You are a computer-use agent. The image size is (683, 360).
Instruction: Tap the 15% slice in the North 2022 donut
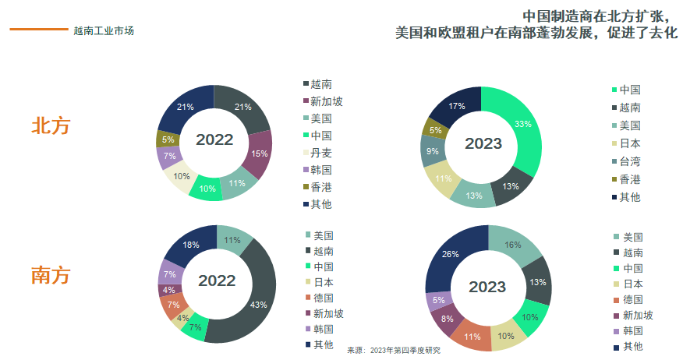pos(259,154)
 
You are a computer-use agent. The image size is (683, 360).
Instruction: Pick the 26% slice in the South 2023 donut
pos(450,255)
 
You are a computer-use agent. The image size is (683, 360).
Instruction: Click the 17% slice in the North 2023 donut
pos(457,107)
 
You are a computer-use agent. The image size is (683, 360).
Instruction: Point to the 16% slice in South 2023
pos(513,245)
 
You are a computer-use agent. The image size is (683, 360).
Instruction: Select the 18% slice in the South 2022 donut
pos(190,245)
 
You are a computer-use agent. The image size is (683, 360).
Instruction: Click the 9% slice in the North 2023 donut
pos(432,151)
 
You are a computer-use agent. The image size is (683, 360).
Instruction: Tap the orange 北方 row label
pos(51,126)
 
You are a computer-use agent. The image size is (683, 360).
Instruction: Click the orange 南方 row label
pos(51,275)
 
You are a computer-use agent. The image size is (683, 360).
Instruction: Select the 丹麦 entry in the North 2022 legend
pos(321,153)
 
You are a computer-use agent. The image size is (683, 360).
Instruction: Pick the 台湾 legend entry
pos(630,161)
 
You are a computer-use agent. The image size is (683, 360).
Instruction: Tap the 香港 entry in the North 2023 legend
pos(630,179)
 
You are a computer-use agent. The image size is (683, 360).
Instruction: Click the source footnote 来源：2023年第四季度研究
pos(393,351)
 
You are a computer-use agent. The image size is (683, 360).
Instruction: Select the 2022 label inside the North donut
pos(214,139)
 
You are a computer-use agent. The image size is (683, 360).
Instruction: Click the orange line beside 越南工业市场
pos(38,30)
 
